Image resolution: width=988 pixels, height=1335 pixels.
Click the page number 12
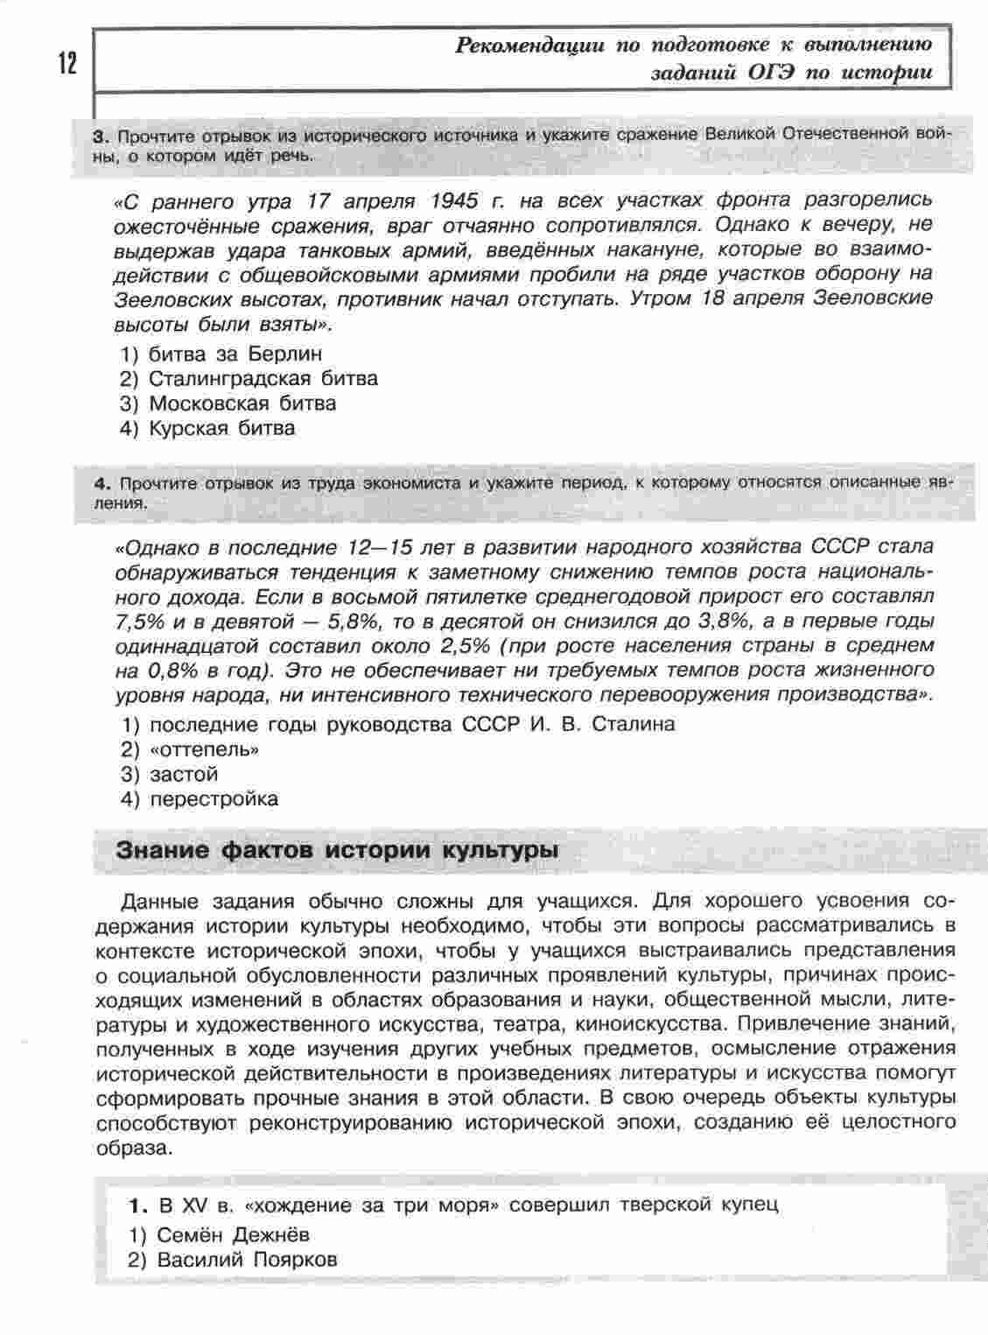pos(67,64)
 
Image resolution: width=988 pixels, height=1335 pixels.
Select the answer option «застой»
pos(183,774)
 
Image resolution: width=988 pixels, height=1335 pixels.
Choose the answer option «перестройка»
pos(214,798)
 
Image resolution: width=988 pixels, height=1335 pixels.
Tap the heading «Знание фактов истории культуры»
pos(338,851)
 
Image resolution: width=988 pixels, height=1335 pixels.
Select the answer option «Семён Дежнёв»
pos(233,1235)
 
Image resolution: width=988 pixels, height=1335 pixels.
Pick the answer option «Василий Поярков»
pos(247,1260)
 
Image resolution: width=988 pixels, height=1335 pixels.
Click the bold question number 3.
pos(100,137)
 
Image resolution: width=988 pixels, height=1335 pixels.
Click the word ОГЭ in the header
pos(764,72)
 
